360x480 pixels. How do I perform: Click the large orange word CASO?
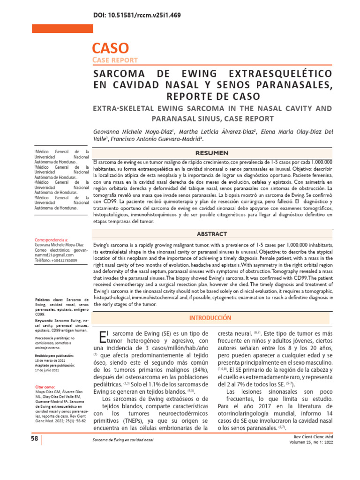[x=110, y=48]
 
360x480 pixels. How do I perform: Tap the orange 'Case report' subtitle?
[x=115, y=60]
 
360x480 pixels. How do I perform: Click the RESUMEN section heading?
[x=212, y=153]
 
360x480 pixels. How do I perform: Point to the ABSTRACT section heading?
[x=212, y=234]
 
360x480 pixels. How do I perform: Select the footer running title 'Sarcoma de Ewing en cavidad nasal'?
[x=123, y=442]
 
